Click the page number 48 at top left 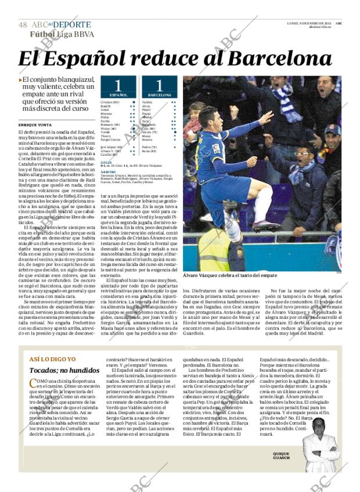tap(23, 25)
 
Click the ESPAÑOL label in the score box tap(118, 94)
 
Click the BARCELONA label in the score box tap(159, 94)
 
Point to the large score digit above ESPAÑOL tap(118, 84)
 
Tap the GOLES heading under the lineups tap(105, 161)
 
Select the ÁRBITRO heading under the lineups tap(107, 172)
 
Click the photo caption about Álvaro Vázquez tap(230, 275)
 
